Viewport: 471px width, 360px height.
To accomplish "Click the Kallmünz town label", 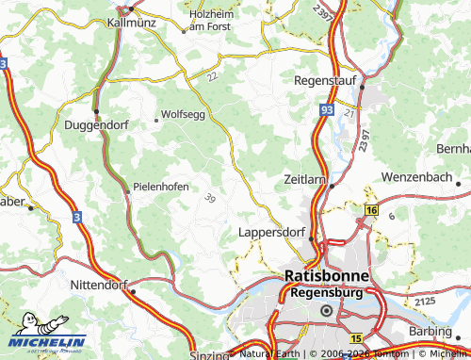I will pos(130,21).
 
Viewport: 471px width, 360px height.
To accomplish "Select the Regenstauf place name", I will pos(326,81).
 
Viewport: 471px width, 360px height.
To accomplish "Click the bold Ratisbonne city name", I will pos(326,275).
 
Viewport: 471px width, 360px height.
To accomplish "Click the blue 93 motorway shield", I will pos(325,111).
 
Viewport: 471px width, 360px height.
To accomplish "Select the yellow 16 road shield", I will pos(372,210).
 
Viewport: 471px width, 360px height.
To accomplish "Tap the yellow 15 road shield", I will pos(355,337).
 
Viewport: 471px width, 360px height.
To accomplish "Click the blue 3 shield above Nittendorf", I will pos(77,217).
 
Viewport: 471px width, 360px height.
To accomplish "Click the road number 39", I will pos(209,197).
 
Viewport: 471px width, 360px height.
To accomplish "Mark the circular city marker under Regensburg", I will pos(327,310).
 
